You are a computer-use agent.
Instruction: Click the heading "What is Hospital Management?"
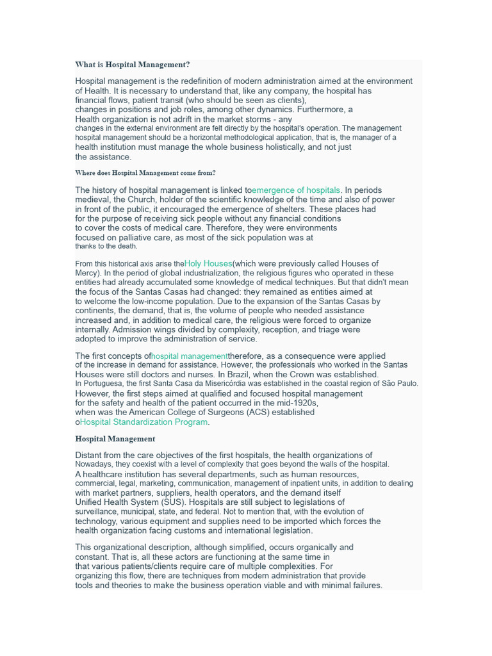132,65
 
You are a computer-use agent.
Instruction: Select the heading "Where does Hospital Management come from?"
145,173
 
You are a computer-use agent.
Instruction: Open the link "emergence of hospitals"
296,190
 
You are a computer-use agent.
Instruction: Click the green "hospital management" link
190,356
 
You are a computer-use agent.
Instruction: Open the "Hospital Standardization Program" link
143,422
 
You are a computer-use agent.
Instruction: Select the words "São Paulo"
399,384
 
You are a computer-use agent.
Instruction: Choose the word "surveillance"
95,512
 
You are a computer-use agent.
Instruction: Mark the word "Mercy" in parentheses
86,273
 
